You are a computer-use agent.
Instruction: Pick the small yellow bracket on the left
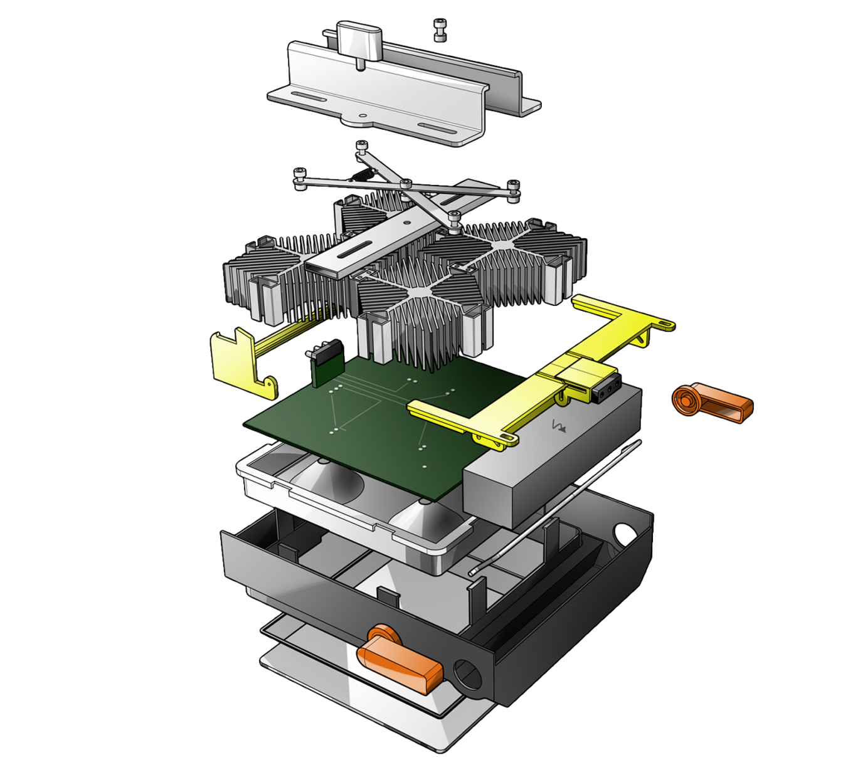(x=238, y=364)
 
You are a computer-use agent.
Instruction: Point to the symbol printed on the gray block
(x=558, y=427)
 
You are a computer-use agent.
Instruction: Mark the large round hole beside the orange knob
(x=467, y=675)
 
